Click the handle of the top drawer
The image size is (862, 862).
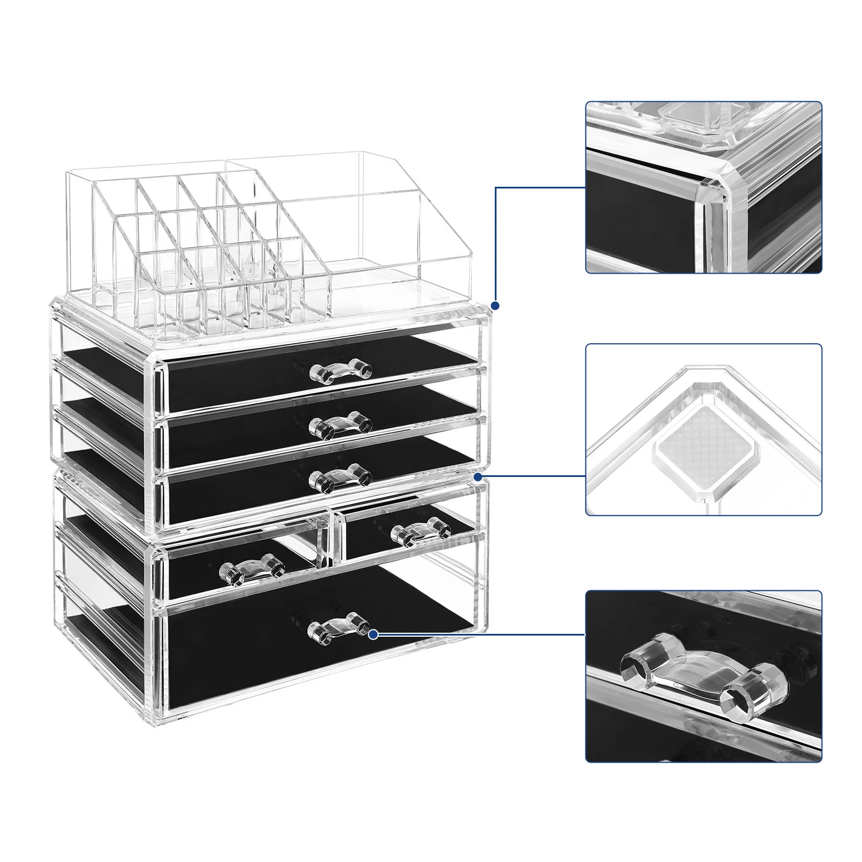point(341,370)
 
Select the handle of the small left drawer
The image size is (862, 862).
point(253,569)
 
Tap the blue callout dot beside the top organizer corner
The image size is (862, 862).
point(495,306)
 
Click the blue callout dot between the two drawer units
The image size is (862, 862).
point(478,476)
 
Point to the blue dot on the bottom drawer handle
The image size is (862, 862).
point(373,634)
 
